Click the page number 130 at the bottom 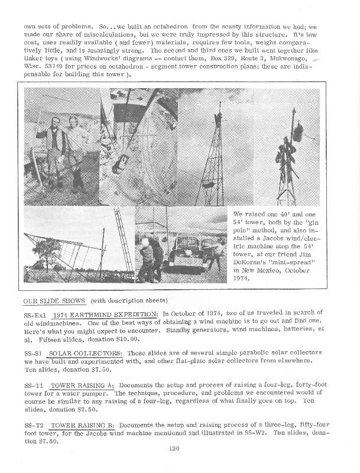(x=174, y=449)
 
